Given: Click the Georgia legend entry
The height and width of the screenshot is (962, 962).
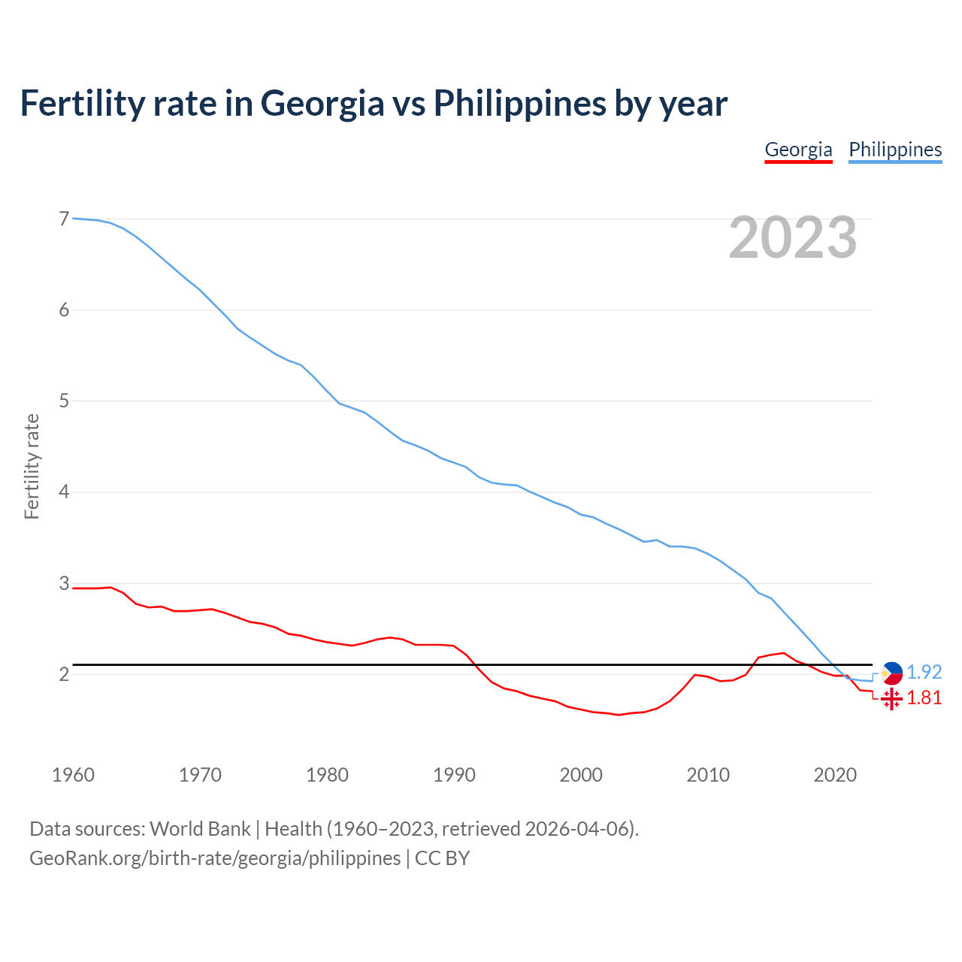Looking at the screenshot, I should (x=798, y=150).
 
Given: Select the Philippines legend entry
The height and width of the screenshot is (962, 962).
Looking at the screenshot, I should (x=895, y=150).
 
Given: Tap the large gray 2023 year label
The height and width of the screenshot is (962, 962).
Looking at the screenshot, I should (x=793, y=237).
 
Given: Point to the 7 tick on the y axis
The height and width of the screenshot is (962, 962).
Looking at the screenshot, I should (x=64, y=219).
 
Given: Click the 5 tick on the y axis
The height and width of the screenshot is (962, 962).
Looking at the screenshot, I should (x=64, y=401).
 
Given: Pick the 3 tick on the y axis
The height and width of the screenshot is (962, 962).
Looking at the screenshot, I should (x=64, y=583).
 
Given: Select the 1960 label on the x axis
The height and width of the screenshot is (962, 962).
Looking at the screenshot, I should (x=73, y=775).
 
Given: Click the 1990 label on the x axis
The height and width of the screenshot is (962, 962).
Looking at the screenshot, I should (x=454, y=775).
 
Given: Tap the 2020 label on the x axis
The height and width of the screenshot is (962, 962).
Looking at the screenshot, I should (x=835, y=775).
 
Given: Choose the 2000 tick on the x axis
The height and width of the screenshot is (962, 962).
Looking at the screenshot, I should (x=581, y=775).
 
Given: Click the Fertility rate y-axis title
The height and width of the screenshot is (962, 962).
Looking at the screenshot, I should (x=32, y=466).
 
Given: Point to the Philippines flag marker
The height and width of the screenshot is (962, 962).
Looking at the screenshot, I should (x=891, y=673).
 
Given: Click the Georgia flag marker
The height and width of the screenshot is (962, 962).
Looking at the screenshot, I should (x=891, y=699).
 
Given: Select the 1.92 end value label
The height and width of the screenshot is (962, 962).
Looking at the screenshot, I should (x=924, y=672).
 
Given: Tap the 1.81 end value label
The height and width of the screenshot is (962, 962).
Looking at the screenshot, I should (x=924, y=697).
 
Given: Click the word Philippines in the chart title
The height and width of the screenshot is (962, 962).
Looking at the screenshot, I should (x=519, y=103).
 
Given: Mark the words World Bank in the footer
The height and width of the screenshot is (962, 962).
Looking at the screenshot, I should (x=200, y=828).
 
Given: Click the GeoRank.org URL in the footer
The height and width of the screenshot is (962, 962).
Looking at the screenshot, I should (x=215, y=858).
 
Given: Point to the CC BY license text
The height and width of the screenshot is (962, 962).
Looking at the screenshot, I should (x=442, y=858).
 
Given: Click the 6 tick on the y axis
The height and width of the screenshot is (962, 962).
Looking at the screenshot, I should (x=64, y=310).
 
